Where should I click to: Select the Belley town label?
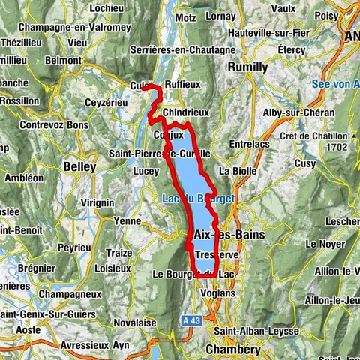tap(79, 166)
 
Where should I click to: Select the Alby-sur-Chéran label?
tap(292, 112)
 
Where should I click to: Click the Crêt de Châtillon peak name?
tap(314, 136)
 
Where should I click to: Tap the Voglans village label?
tap(219, 295)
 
